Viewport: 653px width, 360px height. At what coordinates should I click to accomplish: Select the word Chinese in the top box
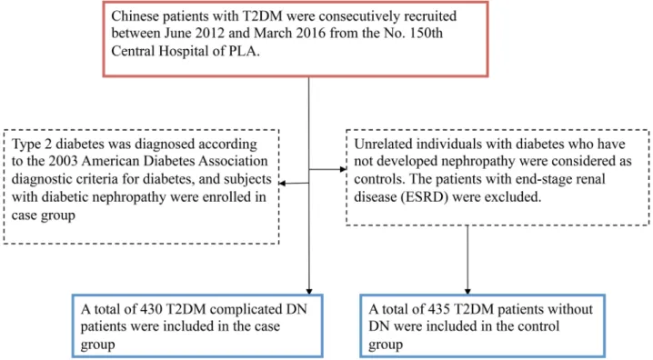pyautogui.click(x=134, y=15)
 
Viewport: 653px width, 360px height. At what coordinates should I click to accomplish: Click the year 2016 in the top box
pyautogui.click(x=311, y=34)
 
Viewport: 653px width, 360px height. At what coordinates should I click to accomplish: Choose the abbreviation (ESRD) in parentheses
pyautogui.click(x=425, y=197)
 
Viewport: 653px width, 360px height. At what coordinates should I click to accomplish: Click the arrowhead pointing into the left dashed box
pyautogui.click(x=282, y=183)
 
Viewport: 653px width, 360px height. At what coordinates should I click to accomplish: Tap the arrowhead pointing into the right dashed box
pyautogui.click(x=343, y=169)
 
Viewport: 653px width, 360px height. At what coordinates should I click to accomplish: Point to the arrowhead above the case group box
pyautogui.click(x=309, y=291)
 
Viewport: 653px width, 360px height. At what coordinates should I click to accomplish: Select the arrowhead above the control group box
pyautogui.click(x=467, y=291)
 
